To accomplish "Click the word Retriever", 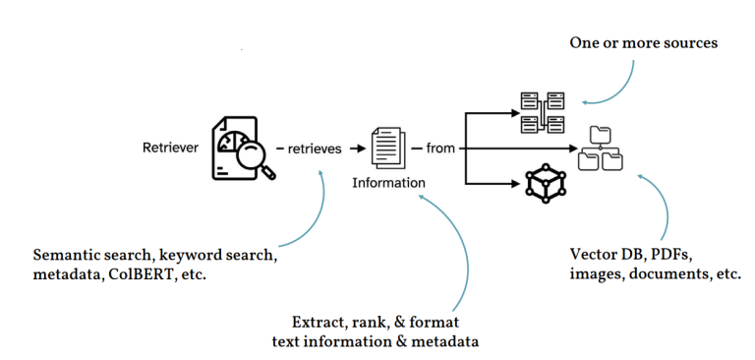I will [169, 150].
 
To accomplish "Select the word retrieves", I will [315, 150].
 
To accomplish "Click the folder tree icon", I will [600, 150].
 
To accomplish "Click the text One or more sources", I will [644, 43].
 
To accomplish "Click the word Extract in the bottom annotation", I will [320, 322].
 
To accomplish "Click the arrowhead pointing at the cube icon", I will [517, 183].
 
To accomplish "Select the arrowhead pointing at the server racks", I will [517, 112].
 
